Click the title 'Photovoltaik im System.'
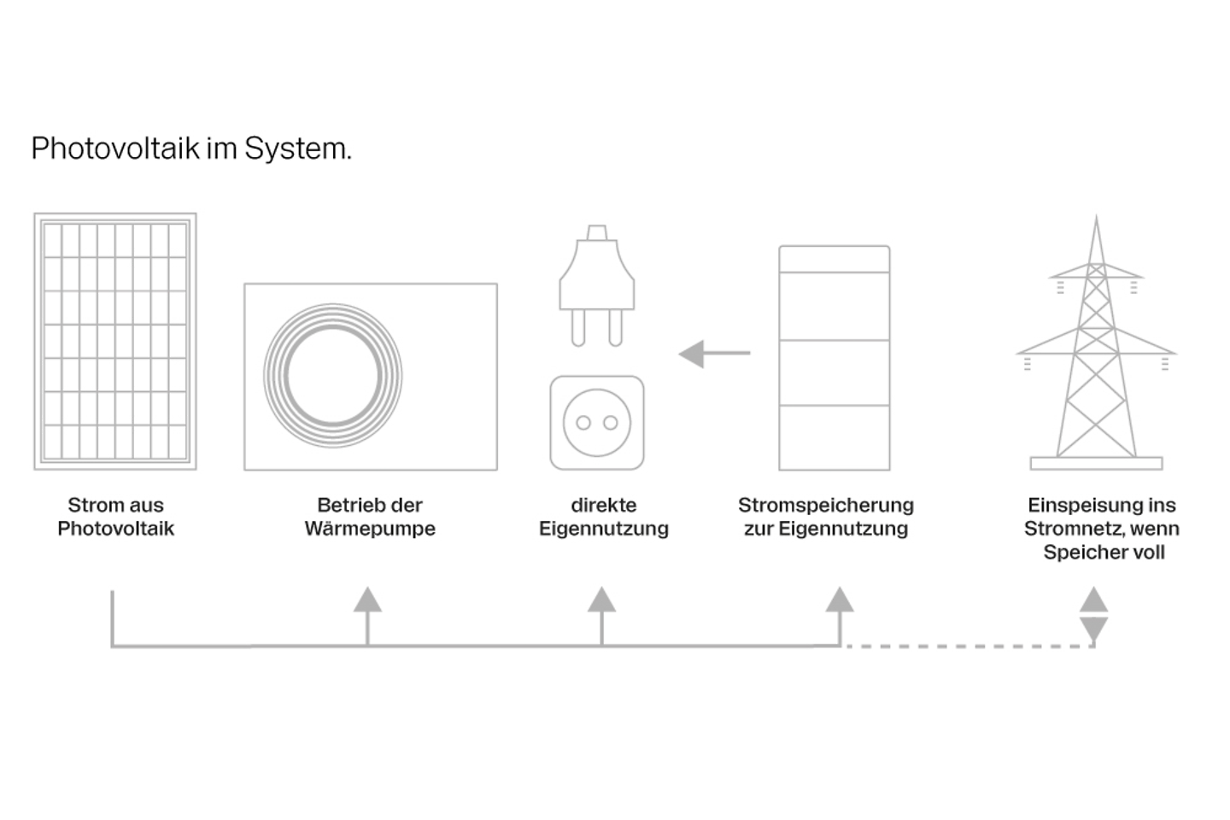[191, 149]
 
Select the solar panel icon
[115, 342]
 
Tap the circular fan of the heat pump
[332, 376]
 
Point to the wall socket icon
[596, 423]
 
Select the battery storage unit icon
[834, 358]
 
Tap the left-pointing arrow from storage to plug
[713, 353]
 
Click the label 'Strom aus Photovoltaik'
[115, 517]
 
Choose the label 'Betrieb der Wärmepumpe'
[370, 517]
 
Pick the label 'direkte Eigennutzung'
[603, 517]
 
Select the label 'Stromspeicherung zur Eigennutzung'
[826, 517]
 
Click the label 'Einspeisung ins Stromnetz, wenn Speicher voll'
[1102, 529]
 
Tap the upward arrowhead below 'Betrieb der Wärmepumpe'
[367, 600]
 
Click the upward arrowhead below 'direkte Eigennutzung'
[601, 600]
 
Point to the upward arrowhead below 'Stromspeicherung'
[840, 600]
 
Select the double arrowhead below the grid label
[1093, 614]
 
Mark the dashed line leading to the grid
[969, 647]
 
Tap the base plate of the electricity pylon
[1096, 464]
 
